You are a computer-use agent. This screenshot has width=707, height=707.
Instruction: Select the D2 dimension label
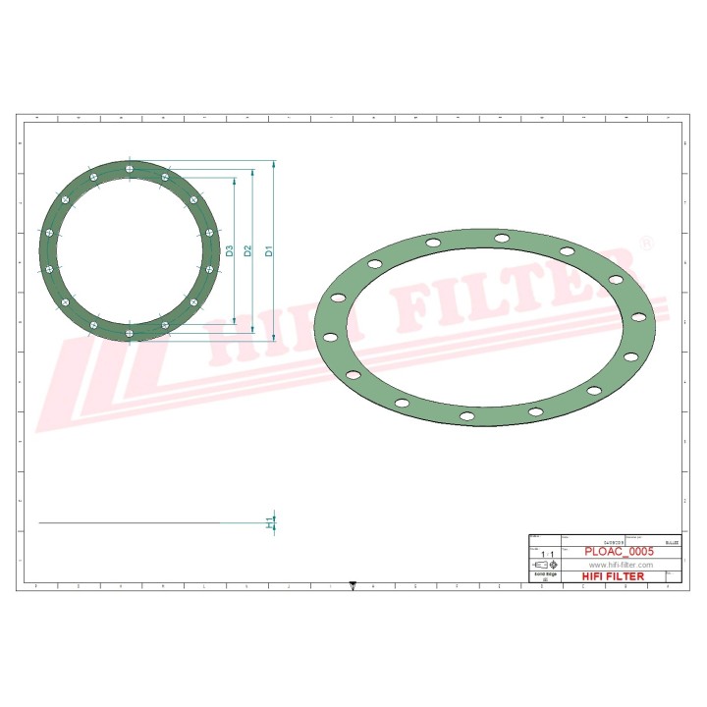[x=248, y=250]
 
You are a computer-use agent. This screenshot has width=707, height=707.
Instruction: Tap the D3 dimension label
[x=229, y=250]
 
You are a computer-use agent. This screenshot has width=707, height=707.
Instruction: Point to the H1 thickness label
[x=270, y=523]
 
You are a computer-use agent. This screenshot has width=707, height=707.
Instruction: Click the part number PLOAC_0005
[x=619, y=552]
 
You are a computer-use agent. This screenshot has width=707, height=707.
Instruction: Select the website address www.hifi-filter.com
[x=620, y=566]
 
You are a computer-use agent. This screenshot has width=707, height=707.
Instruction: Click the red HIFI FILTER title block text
[x=613, y=576]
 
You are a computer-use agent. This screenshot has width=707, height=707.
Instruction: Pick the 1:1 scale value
[x=546, y=555]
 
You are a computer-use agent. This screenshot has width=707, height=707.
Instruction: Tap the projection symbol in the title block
[x=545, y=566]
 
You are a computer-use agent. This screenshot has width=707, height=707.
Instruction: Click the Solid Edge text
[x=545, y=575]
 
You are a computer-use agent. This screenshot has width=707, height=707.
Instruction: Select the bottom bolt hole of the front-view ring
[x=129, y=332]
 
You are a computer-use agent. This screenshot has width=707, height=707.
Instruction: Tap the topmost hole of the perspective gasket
[x=502, y=238]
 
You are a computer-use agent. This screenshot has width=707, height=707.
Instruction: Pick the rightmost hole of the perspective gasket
[x=638, y=316]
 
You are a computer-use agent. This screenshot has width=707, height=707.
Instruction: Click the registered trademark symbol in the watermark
[x=645, y=242]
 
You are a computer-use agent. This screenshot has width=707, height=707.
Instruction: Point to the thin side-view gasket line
[x=147, y=523]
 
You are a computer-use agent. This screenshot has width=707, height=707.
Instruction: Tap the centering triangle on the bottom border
[x=353, y=586]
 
